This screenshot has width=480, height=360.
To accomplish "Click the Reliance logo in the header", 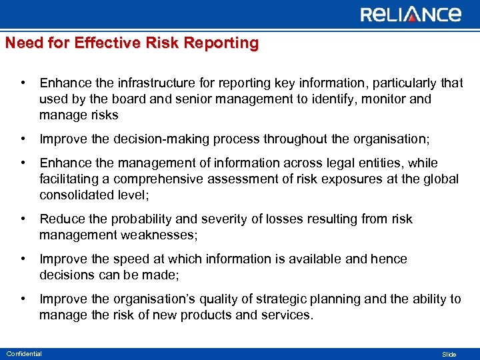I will (x=411, y=14).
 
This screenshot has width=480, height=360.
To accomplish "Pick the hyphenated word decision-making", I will (x=159, y=139).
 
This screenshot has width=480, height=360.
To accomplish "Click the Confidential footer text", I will (x=23, y=353).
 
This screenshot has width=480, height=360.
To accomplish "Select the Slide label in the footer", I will (x=449, y=354).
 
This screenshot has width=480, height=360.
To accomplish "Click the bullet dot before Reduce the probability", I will (x=23, y=219).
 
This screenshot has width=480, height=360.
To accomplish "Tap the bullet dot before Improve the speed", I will (x=23, y=259).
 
